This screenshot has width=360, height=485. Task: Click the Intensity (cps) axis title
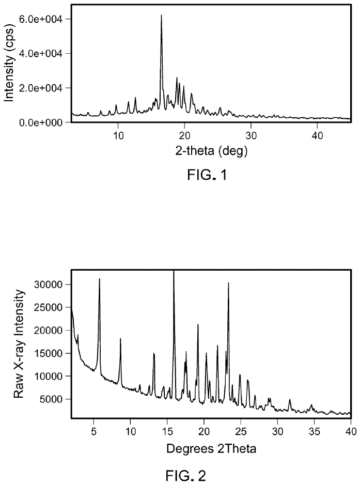click(x=9, y=64)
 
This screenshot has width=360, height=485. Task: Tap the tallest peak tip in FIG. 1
click(x=161, y=15)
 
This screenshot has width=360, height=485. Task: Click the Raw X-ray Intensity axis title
click(x=19, y=344)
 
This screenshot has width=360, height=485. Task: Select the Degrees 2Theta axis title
click(x=211, y=447)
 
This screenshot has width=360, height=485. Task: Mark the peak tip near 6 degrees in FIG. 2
click(x=99, y=279)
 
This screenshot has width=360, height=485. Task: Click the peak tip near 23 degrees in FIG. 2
click(x=228, y=283)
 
